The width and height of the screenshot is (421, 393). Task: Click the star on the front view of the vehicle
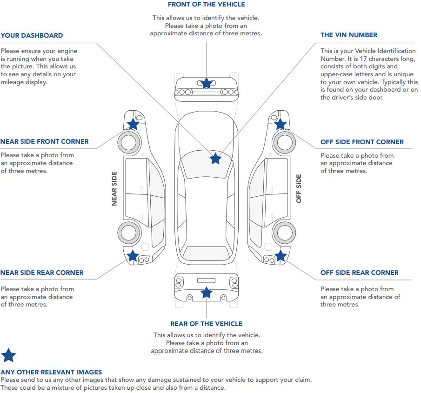(207, 83)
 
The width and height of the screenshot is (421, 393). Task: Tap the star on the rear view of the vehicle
(207, 293)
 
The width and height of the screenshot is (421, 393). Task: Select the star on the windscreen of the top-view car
(215, 159)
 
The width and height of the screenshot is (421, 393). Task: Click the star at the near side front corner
(133, 124)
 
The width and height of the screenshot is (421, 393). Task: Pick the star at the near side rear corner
(133, 255)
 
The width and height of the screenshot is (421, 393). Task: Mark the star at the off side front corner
(280, 124)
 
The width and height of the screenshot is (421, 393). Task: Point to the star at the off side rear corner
(280, 255)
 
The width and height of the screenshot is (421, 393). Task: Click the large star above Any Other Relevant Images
(8, 356)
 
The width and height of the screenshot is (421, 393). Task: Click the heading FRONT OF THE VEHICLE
(206, 5)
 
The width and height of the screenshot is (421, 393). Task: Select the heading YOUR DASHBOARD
(32, 35)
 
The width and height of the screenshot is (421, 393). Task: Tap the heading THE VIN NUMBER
(348, 35)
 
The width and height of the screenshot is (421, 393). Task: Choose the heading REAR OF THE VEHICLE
(206, 324)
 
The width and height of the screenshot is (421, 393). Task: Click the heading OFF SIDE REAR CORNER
(359, 273)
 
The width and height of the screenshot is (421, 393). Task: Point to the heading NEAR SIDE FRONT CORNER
(44, 141)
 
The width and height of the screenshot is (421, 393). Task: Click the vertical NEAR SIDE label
(114, 188)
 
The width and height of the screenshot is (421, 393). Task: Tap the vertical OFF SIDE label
(299, 188)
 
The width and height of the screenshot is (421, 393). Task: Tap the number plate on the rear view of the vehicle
(207, 280)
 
